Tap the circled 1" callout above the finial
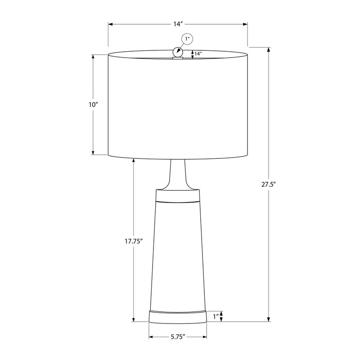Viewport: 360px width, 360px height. (x=187, y=40)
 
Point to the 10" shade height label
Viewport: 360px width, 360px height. (x=93, y=104)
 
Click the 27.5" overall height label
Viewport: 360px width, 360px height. (x=269, y=184)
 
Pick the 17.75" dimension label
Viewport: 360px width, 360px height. (x=134, y=241)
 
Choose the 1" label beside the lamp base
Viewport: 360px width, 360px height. (x=216, y=317)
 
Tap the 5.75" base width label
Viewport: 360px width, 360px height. (x=178, y=337)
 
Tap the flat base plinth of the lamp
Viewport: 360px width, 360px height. (x=177, y=316)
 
